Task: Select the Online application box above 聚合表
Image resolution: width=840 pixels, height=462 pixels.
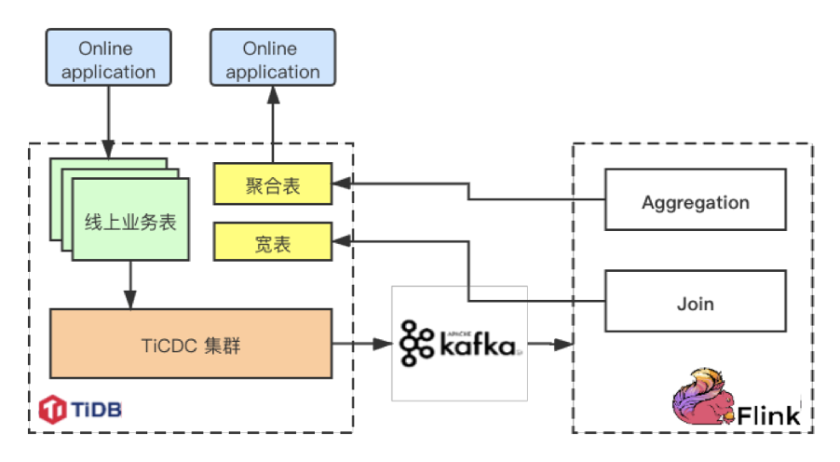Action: pyautogui.click(x=272, y=60)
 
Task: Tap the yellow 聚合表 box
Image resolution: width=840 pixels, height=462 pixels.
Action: pyautogui.click(x=273, y=185)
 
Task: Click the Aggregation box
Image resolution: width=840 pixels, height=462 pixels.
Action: pyautogui.click(x=695, y=202)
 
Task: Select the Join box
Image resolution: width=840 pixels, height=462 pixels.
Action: pyautogui.click(x=695, y=304)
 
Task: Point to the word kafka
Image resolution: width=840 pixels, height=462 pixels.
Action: pyautogui.click(x=475, y=346)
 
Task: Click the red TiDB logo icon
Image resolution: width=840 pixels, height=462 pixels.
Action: pyautogui.click(x=53, y=408)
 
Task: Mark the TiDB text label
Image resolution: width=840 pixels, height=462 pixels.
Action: pyautogui.click(x=96, y=408)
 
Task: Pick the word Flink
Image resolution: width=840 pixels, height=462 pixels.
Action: pyautogui.click(x=769, y=415)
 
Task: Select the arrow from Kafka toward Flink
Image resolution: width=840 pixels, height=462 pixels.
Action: pyautogui.click(x=549, y=345)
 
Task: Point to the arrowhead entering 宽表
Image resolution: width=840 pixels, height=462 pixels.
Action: pyautogui.click(x=341, y=243)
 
